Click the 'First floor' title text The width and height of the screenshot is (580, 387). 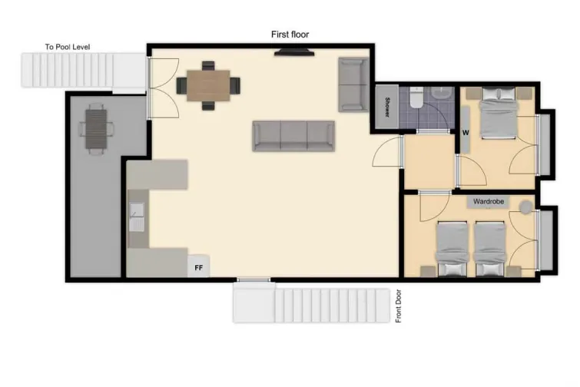290,35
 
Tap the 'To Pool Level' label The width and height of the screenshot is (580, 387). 68,48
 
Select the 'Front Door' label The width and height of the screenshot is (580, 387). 399,306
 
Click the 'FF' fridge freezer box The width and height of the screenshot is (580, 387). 198,268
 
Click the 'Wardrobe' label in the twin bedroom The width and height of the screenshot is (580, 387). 489,203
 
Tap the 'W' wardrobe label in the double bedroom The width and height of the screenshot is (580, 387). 465,131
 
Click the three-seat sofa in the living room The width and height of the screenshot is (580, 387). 294,136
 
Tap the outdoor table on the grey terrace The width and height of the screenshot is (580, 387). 96,128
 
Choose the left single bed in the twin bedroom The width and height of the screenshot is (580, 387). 452,248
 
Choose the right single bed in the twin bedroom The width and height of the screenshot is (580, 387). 489,248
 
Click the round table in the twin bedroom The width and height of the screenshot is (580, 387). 525,207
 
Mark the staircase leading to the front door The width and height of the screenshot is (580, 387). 312,304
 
